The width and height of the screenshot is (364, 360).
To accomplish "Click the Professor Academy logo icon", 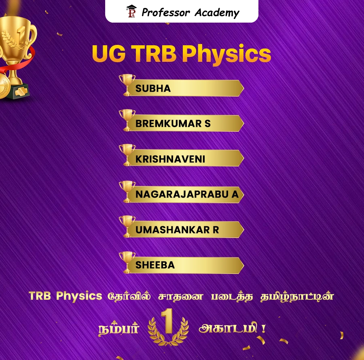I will pos(132,12).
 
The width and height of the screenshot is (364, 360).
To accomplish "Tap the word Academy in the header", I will pos(217,13).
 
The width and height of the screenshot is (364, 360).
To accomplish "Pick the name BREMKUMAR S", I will pos(173,124).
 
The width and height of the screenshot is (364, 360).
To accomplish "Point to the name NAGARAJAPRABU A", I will pos(187,194).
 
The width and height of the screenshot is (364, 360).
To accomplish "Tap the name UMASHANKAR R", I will pos(177,230).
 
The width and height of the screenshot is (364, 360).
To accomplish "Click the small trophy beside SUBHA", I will pos(127,84).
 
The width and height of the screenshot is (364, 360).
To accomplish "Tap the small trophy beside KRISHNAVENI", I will pos(127,154).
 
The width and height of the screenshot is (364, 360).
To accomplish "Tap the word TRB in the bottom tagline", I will pos(40,296).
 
